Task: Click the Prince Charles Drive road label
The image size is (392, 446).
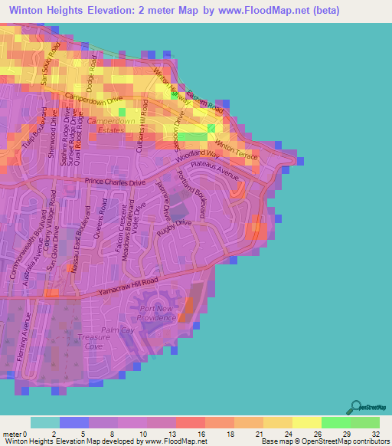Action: click(115, 182)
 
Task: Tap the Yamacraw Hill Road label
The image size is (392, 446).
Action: click(127, 287)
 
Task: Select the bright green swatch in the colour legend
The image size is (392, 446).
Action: click(335, 422)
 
